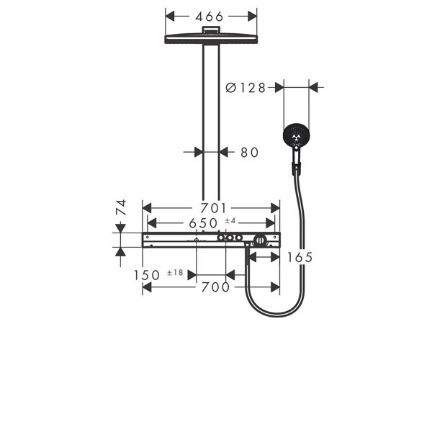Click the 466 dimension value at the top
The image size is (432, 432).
[209, 17]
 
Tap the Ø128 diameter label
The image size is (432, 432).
[246, 88]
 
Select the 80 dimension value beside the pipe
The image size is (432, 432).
[250, 153]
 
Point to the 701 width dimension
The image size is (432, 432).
[213, 208]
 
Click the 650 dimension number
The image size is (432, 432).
[203, 223]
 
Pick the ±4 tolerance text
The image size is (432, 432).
[230, 220]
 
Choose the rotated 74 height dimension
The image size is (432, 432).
[121, 207]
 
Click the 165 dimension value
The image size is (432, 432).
[300, 258]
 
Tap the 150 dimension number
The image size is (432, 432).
[147, 275]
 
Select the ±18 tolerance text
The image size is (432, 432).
[175, 272]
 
